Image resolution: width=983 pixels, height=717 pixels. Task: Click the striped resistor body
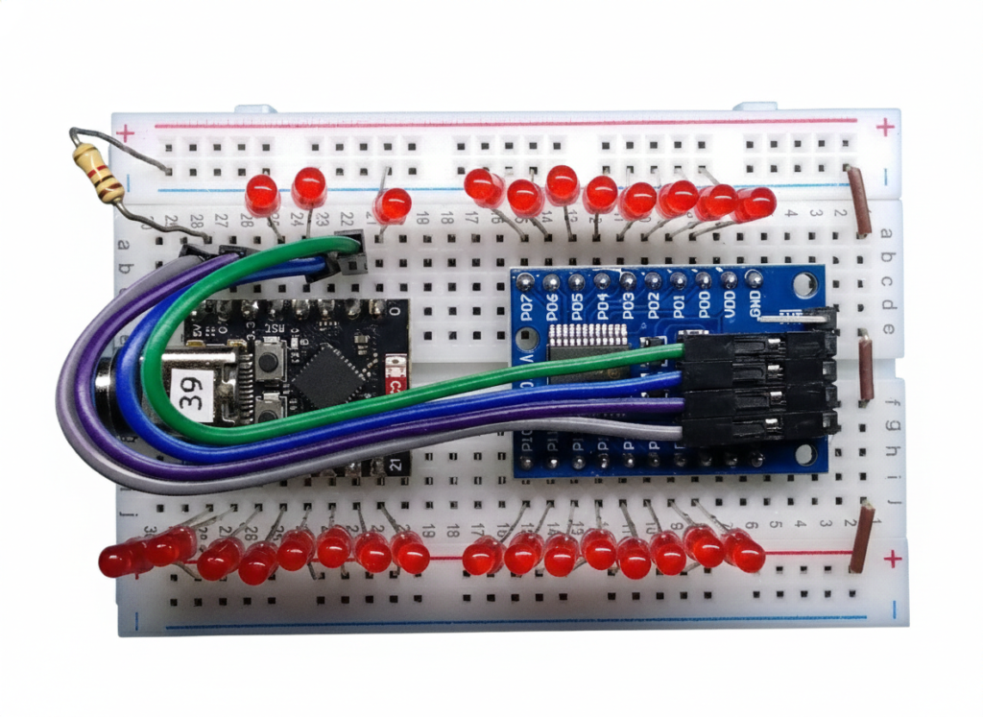click(98, 172)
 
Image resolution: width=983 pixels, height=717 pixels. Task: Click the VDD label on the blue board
click(730, 305)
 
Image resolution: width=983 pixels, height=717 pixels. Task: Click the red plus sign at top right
click(885, 126)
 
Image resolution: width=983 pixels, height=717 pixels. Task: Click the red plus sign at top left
click(124, 132)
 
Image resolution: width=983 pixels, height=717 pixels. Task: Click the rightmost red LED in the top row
click(757, 203)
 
